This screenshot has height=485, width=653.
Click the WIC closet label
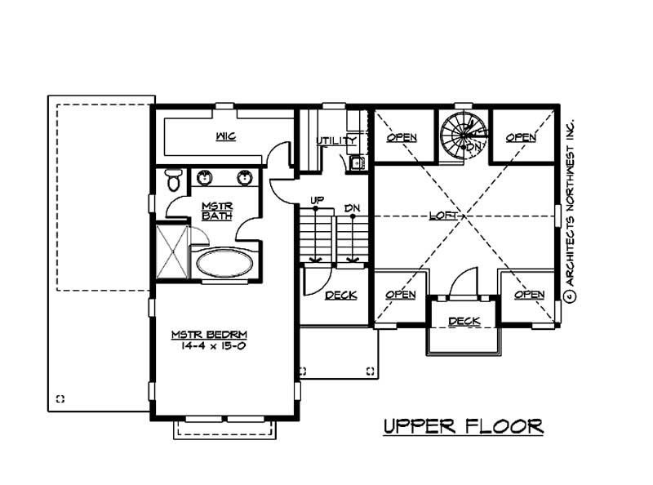click(x=226, y=136)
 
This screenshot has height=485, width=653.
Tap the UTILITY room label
click(x=336, y=141)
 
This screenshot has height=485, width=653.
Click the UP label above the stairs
click(x=316, y=199)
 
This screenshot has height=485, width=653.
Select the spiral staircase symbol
click(x=463, y=133)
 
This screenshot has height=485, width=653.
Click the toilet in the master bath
click(x=172, y=180)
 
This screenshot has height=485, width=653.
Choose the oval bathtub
click(x=225, y=264)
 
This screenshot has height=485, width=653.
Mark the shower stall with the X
click(x=171, y=252)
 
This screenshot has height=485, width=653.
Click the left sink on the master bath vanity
click(x=203, y=176)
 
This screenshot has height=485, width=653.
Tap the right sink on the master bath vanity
click(x=243, y=176)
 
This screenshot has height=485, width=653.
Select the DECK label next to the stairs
click(x=340, y=295)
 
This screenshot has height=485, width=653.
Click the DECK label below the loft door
click(x=464, y=321)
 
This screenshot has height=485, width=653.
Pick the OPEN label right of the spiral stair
click(x=521, y=137)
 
